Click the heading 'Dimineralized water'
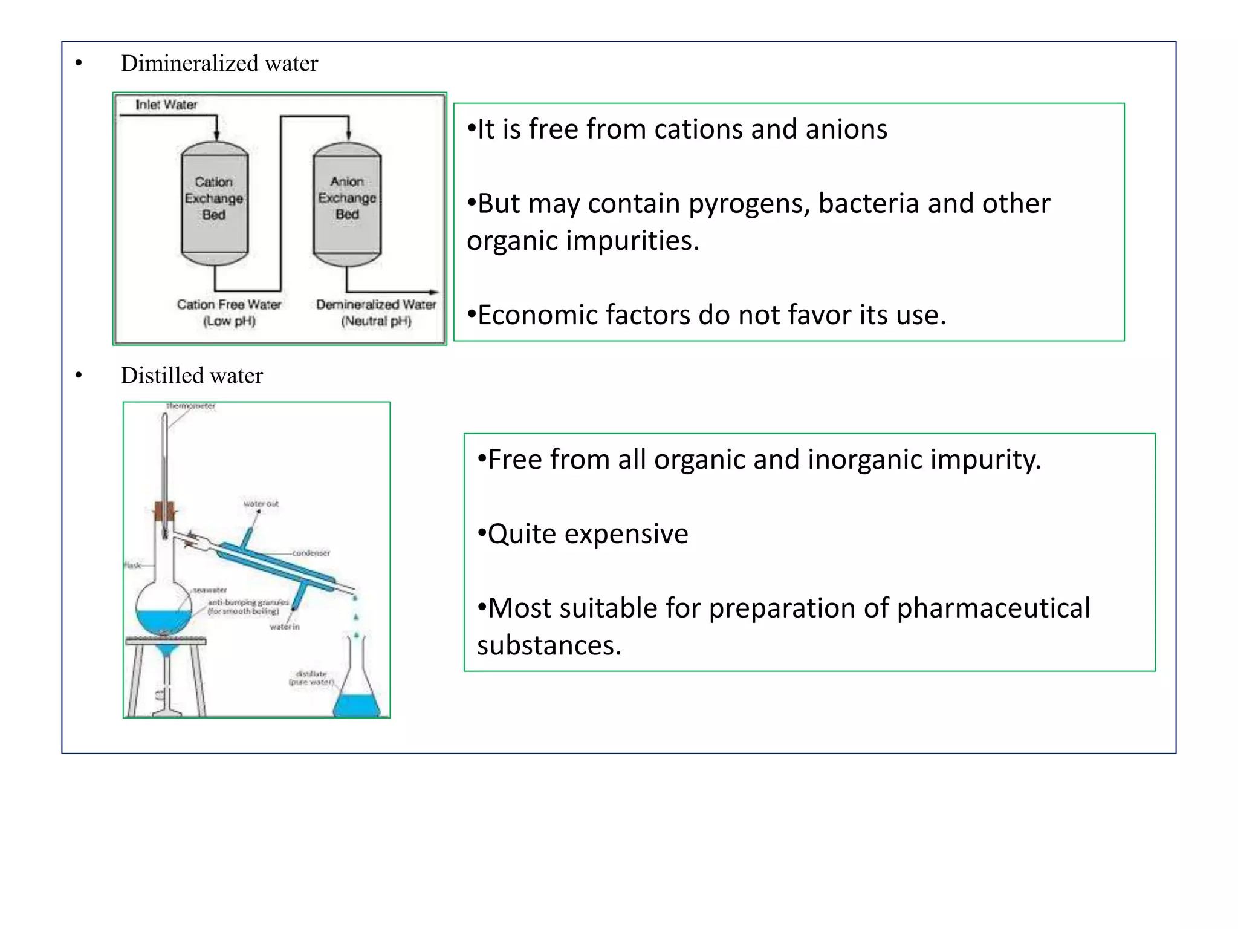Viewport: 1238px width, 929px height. (219, 64)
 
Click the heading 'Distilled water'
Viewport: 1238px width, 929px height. (192, 376)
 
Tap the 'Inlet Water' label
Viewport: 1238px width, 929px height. (166, 105)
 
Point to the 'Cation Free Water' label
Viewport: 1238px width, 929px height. (228, 305)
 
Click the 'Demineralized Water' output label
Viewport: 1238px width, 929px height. (376, 305)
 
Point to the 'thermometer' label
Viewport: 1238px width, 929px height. (191, 406)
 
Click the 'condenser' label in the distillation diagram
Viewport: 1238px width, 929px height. (311, 553)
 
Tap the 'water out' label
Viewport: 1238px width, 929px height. (261, 504)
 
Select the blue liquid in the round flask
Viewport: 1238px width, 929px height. (163, 621)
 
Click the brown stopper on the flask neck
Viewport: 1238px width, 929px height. (164, 511)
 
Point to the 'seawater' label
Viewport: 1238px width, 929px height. (210, 590)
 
